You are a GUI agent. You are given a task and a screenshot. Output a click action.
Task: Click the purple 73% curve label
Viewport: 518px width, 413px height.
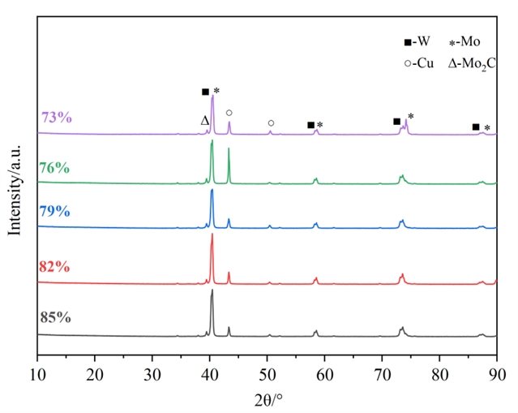57,118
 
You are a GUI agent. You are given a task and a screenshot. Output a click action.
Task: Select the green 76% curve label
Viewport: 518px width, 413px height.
54,168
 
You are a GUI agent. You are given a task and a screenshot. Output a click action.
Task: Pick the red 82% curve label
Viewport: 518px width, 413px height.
54,267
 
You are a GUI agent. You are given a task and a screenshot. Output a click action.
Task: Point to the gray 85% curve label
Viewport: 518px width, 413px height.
55,317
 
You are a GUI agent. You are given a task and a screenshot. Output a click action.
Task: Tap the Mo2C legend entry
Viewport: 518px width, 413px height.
472,62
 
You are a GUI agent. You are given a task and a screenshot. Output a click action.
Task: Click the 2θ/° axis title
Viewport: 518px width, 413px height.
267,398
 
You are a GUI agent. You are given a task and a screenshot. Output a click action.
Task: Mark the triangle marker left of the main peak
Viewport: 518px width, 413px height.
205,121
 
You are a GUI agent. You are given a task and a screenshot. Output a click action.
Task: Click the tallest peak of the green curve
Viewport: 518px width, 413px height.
212,141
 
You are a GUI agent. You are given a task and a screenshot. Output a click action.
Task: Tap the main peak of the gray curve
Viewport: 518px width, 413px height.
212,290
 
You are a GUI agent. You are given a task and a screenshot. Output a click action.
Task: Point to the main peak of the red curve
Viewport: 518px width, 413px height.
212,235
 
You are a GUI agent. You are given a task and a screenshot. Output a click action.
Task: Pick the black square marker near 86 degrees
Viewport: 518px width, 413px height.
476,127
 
